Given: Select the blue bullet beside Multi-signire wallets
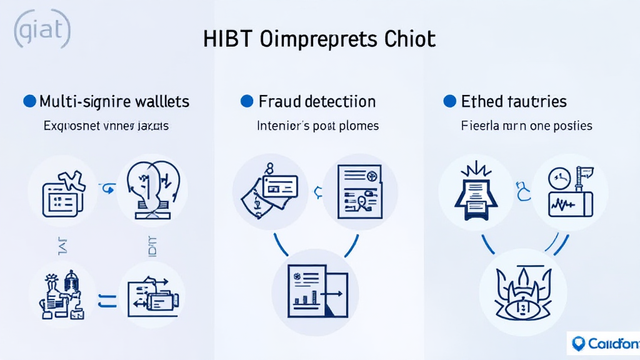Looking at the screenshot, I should pos(29,101).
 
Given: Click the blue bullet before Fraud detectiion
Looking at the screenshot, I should pos(247,101).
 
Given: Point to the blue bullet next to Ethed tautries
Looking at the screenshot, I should pos(449,101).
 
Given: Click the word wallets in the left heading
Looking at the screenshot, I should pos(160,101).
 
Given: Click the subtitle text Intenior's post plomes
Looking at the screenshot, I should pos(317,126).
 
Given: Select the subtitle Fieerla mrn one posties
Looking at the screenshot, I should pos(526,126).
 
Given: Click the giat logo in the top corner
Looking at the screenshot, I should pos(41,30).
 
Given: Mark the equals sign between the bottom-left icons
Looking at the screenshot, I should pos(107,301).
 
